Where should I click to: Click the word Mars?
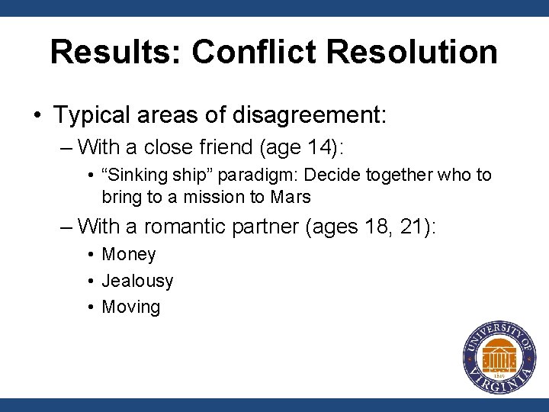[291, 197]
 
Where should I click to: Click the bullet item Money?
[128, 255]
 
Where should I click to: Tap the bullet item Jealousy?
[137, 282]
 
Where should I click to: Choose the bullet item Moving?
[130, 307]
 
